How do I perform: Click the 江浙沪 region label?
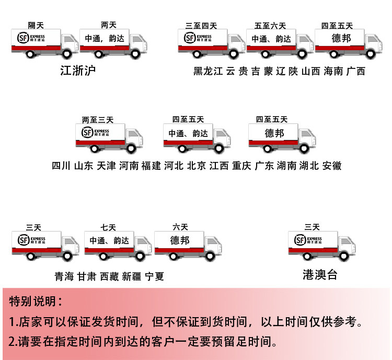tap(78, 71)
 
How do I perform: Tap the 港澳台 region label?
tap(320, 275)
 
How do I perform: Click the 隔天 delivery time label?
tap(36, 25)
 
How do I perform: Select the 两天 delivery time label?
tap(108, 25)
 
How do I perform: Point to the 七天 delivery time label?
tap(108, 227)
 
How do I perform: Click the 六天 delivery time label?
tap(180, 227)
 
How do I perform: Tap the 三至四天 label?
tap(201, 26)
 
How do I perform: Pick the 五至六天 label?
tap(270, 26)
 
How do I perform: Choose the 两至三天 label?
tap(98, 120)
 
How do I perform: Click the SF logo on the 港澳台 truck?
tap(301, 240)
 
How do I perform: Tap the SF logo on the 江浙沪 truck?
tap(23, 38)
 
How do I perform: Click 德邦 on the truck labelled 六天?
tap(180, 240)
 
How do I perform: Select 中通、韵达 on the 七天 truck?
tap(109, 241)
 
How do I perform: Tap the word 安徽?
tap(332, 166)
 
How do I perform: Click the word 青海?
tap(64, 276)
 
